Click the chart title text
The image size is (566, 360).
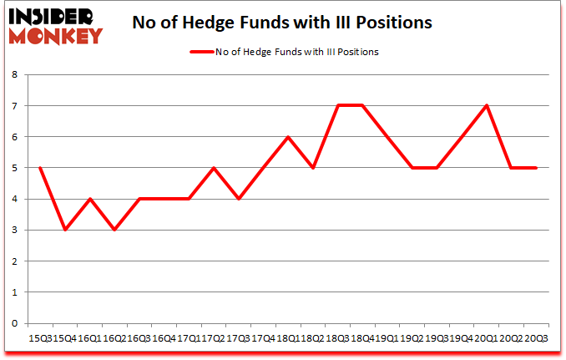coord(282,23)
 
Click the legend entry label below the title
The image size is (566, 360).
coord(296,52)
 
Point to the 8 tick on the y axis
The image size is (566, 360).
coord(15,75)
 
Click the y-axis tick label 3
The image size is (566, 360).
coord(15,231)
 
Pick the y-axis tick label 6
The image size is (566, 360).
coord(15,137)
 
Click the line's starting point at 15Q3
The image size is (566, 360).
coord(40,168)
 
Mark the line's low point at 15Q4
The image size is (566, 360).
coord(64,230)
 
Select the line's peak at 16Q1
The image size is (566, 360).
coord(88,199)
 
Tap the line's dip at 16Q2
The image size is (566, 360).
coord(114,230)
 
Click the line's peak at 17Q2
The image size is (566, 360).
coord(214,168)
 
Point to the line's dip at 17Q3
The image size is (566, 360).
coord(239,199)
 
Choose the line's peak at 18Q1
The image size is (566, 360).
coord(288,137)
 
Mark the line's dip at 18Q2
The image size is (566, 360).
coord(313,168)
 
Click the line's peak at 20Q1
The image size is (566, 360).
coord(487,106)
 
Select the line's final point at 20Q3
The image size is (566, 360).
coord(536,168)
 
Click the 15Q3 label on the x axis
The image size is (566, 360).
coord(40,339)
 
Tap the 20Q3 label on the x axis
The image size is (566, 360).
coord(536,339)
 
